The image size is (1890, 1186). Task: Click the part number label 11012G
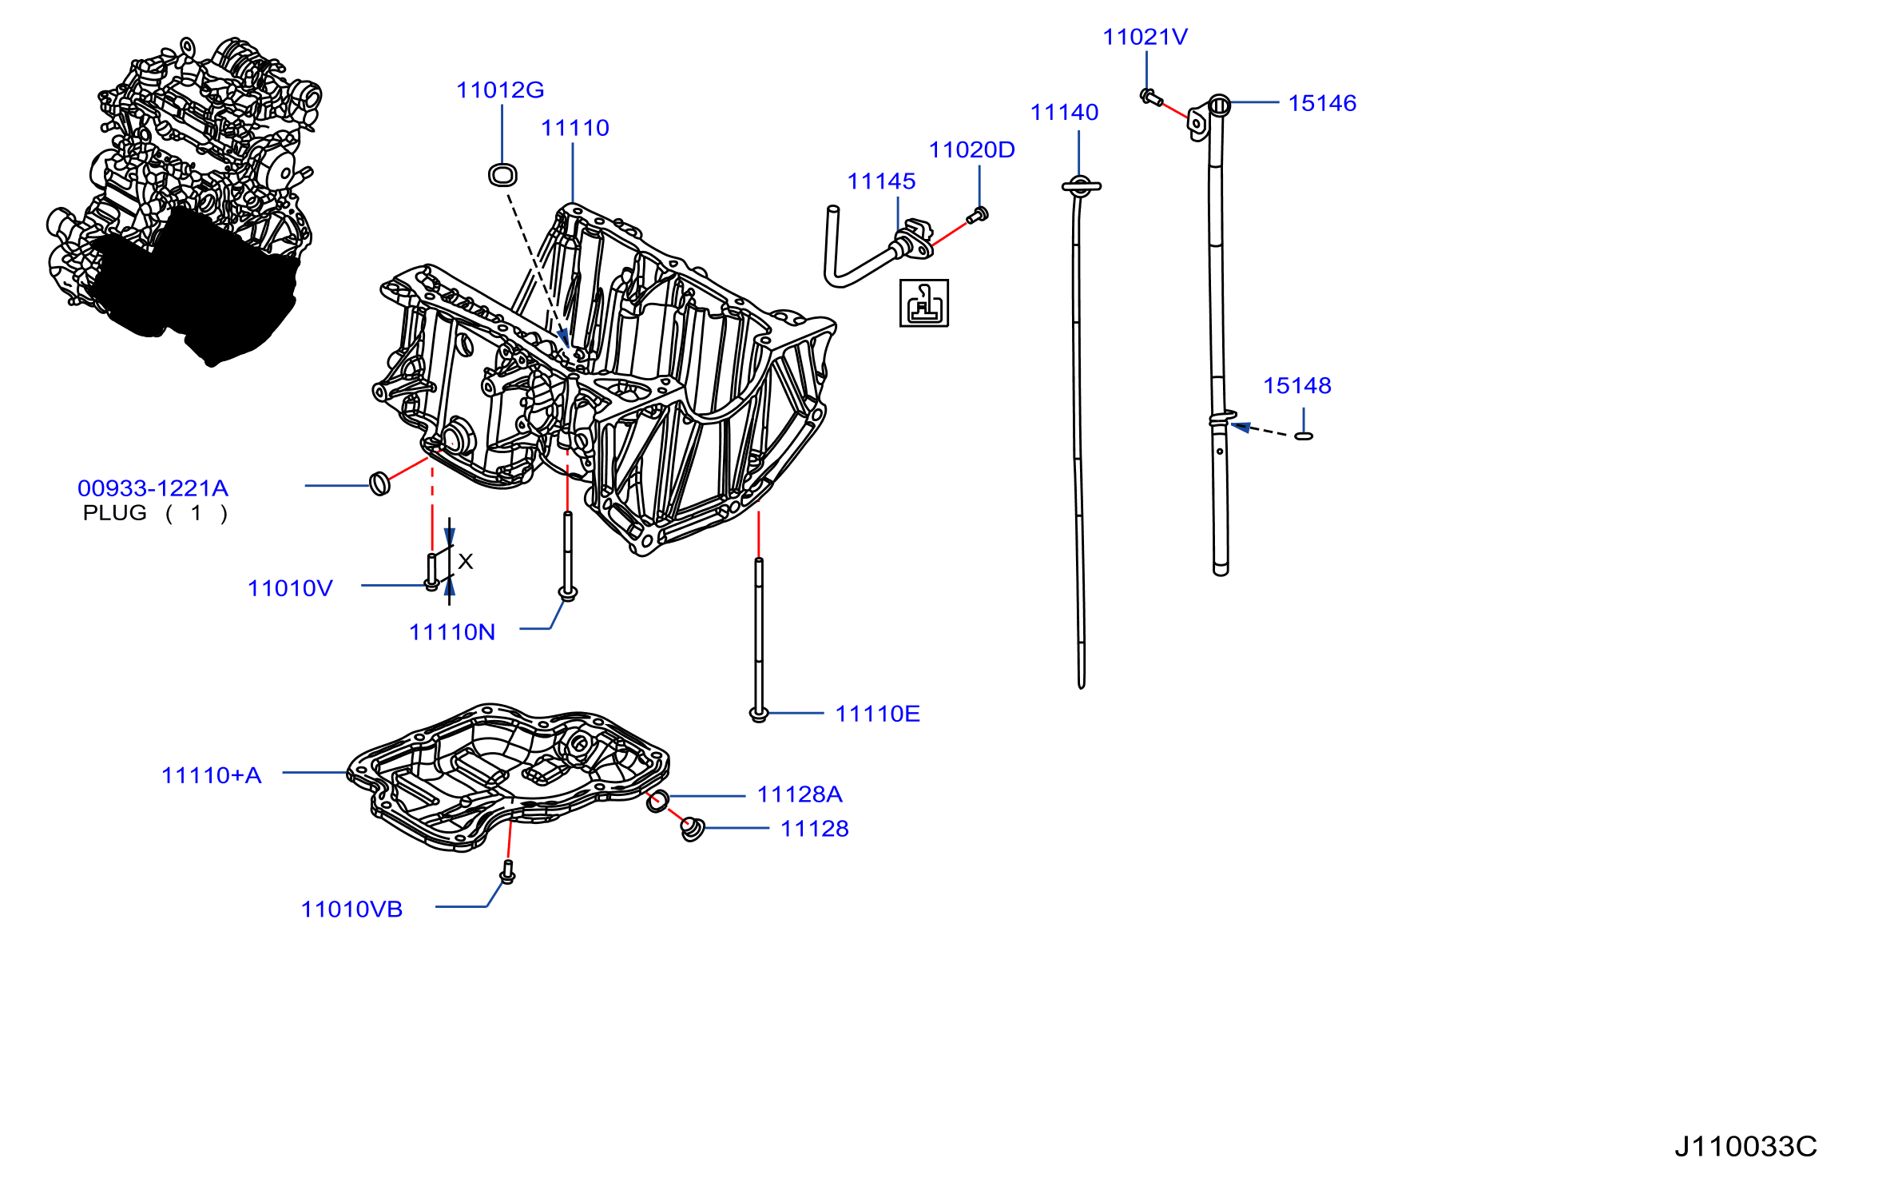[500, 90]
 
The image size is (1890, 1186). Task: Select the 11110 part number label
[575, 128]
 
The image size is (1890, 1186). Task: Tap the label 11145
[881, 181]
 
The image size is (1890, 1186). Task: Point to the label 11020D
[971, 150]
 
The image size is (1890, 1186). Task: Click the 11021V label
[1145, 37]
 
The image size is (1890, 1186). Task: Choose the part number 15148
[1297, 386]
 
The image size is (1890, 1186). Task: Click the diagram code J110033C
[1745, 1147]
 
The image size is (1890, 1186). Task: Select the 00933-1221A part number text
[153, 488]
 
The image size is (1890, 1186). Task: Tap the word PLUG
[115, 513]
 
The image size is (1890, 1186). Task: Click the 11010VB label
[351, 909]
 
